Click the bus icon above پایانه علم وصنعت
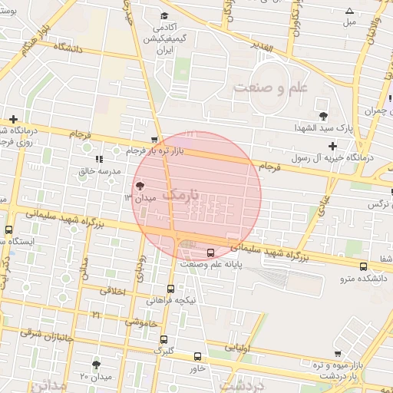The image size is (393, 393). click(212, 253)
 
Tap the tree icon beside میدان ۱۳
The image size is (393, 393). click(140, 185)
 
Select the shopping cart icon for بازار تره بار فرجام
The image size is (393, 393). click(155, 140)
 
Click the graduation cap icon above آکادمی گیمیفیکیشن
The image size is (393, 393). click(163, 15)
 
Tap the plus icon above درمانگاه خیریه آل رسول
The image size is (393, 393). click(332, 146)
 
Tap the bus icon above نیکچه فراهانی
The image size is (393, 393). click(170, 289)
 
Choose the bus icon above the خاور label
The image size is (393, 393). click(197, 357)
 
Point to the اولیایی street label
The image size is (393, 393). click(236, 347)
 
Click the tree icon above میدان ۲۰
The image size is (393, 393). click(97, 365)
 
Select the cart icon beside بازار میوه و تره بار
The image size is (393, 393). click(338, 354)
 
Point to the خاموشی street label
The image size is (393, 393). click(143, 323)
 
